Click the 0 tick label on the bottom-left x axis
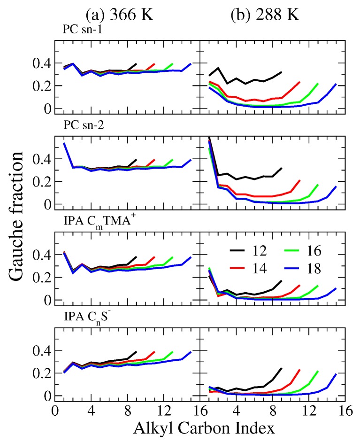point(54,409)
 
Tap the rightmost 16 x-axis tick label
point(346,409)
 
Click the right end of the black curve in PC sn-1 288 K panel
point(281,72)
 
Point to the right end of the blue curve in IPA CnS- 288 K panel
point(336,374)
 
